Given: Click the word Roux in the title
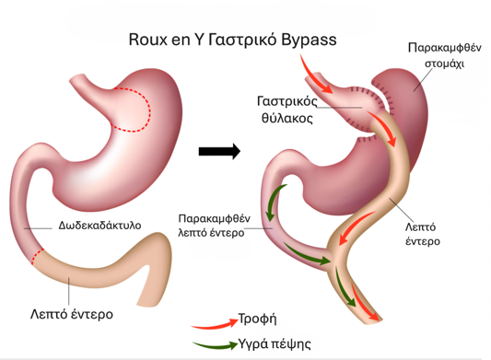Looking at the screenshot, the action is (x=148, y=40).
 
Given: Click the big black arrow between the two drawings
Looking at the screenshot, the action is (x=219, y=152).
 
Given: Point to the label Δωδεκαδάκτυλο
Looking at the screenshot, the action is (x=99, y=226).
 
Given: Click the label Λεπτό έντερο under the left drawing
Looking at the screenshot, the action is (x=72, y=314).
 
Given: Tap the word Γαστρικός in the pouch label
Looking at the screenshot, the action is (x=287, y=101).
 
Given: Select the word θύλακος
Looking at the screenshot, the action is (x=287, y=119).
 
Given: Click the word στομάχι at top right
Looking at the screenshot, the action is (x=444, y=64).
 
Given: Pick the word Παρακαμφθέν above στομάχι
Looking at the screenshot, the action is (x=445, y=48).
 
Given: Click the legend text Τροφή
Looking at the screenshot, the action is (x=257, y=319).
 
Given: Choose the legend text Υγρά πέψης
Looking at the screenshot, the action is (x=275, y=344).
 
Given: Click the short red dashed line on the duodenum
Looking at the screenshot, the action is (x=37, y=257).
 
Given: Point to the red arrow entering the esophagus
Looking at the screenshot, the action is (x=313, y=75).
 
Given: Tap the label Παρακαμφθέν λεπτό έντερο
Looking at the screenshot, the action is (x=215, y=226).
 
